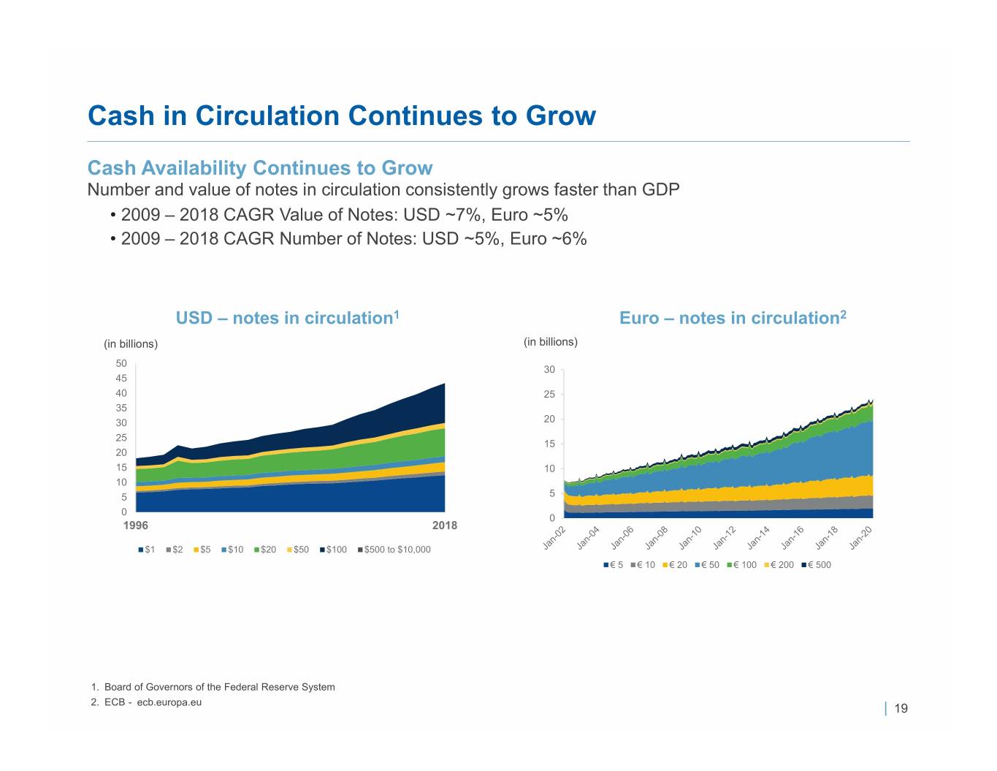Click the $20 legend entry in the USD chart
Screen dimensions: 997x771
pyautogui.click(x=265, y=550)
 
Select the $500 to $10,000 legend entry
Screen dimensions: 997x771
pyautogui.click(x=394, y=550)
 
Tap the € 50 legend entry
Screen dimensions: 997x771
pyautogui.click(x=707, y=565)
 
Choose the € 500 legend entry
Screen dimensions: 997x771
pyautogui.click(x=817, y=565)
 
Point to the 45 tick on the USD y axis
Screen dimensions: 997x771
pyautogui.click(x=121, y=378)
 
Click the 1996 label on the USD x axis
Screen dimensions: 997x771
pyautogui.click(x=136, y=525)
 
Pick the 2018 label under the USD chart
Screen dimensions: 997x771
pyautogui.click(x=445, y=525)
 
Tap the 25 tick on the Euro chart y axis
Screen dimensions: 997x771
pyautogui.click(x=549, y=394)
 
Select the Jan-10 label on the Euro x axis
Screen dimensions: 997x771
pyautogui.click(x=690, y=538)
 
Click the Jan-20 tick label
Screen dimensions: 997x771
pyautogui.click(x=860, y=538)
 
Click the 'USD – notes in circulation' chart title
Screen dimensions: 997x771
pyautogui.click(x=288, y=318)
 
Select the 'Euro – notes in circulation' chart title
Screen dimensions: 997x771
pyautogui.click(x=733, y=318)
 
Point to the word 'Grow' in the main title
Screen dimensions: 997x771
pyautogui.click(x=561, y=115)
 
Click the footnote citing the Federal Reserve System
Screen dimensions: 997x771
pyautogui.click(x=213, y=687)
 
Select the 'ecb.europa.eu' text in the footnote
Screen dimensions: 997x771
pyautogui.click(x=169, y=702)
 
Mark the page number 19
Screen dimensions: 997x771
pyautogui.click(x=901, y=709)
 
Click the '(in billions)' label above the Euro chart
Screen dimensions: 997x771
pyautogui.click(x=551, y=342)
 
